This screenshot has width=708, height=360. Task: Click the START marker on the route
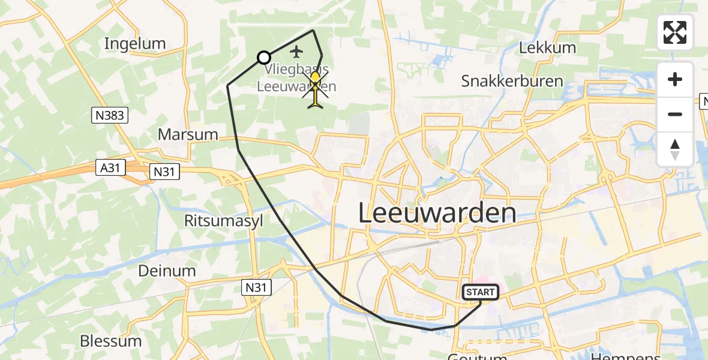coord(481,292)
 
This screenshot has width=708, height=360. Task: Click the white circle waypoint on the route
coord(263,58)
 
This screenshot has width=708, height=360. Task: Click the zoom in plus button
coord(675,80)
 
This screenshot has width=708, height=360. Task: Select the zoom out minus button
coord(675,115)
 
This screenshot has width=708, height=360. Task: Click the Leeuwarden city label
coord(437,214)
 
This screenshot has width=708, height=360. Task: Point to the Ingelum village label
coord(134,44)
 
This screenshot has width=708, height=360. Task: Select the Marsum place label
coord(188,134)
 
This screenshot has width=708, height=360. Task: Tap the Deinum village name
coord(167,271)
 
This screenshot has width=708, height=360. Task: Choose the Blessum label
coord(111,341)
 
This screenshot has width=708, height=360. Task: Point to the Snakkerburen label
coord(512,82)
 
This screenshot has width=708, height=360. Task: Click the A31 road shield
coord(110,169)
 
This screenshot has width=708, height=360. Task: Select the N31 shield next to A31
coord(163,172)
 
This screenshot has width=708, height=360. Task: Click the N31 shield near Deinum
coord(257,287)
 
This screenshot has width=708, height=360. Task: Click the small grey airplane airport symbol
coord(296,52)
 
